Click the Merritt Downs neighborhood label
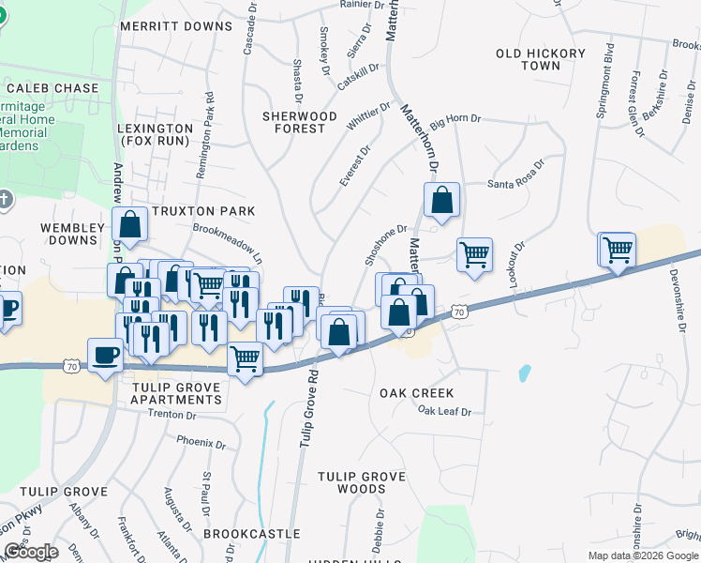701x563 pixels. (x=175, y=26)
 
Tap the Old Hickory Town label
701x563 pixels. (x=541, y=60)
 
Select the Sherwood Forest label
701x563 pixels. (x=300, y=122)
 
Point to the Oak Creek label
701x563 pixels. (x=416, y=393)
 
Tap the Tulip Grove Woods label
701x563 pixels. (x=364, y=482)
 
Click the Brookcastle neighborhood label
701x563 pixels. (x=251, y=533)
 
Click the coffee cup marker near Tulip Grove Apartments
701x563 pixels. (x=103, y=356)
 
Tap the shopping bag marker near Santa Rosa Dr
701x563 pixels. (x=440, y=200)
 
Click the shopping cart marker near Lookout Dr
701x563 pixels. (x=475, y=254)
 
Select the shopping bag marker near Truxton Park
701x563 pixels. (x=130, y=225)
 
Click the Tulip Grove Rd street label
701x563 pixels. (x=307, y=407)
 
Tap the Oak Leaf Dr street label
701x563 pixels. (x=444, y=411)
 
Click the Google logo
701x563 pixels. (x=31, y=552)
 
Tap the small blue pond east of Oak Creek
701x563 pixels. (x=524, y=373)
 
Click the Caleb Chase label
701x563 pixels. (x=52, y=88)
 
